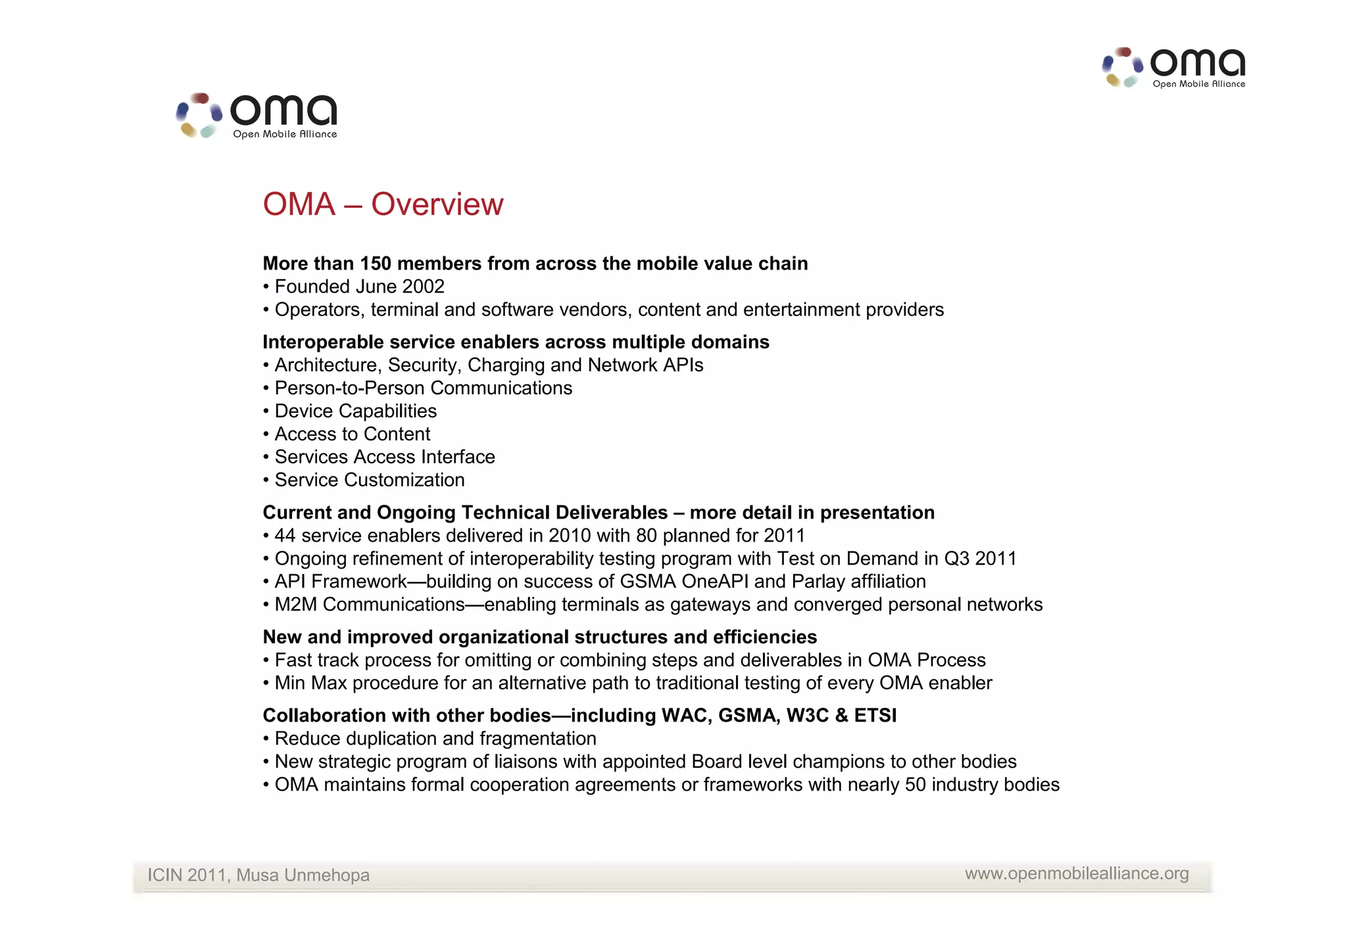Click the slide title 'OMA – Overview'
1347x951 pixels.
coord(383,204)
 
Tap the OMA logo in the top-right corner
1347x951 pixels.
coord(1173,68)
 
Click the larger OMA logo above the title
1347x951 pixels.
coord(257,116)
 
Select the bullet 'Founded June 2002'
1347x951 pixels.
coord(359,287)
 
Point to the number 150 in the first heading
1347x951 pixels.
coord(375,264)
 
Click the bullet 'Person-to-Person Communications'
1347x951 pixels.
coord(423,388)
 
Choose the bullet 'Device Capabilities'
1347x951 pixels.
coord(355,411)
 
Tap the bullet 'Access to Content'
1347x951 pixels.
coord(352,434)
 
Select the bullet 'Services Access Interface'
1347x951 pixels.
coord(384,457)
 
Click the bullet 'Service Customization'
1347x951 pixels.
coord(369,480)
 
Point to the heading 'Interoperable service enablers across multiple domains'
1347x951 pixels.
coord(516,342)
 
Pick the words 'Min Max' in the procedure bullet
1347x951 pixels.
coord(310,683)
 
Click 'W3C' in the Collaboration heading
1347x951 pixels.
coord(808,715)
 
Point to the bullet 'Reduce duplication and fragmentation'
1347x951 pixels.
coord(435,739)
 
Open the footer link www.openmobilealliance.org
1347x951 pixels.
coord(1077,873)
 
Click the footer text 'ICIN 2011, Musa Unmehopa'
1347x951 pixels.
coord(258,875)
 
